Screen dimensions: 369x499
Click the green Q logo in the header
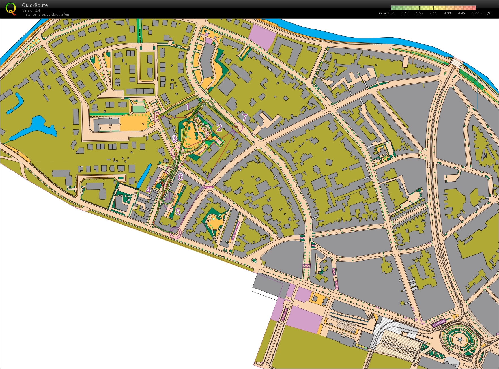pyautogui.click(x=11, y=9)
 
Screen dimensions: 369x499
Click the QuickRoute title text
pyautogui.click(x=35, y=5)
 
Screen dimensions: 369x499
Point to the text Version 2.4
pyautogui.click(x=31, y=10)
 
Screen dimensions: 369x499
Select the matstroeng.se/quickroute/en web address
pyautogui.click(x=46, y=14)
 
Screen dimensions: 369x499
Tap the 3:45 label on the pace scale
pyautogui.click(x=405, y=13)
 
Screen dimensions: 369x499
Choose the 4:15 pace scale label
pyautogui.click(x=433, y=13)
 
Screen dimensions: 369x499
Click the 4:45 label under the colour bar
pyautogui.click(x=461, y=13)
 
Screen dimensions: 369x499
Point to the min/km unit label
pyautogui.click(x=487, y=13)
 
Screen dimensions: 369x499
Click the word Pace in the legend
pyautogui.click(x=382, y=13)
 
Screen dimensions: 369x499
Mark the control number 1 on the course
pyautogui.click(x=188, y=107)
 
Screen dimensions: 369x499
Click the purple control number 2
pyautogui.click(x=219, y=128)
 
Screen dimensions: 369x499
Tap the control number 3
pyautogui.click(x=174, y=139)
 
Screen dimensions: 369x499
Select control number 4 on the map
pyautogui.click(x=149, y=190)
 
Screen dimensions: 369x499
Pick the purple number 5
pyautogui.click(x=178, y=211)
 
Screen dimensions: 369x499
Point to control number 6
pyautogui.click(x=180, y=177)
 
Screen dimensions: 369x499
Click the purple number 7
pyautogui.click(x=245, y=117)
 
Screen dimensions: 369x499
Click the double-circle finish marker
pyautogui.click(x=175, y=233)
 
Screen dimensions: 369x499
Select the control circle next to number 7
pyautogui.click(x=237, y=127)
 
